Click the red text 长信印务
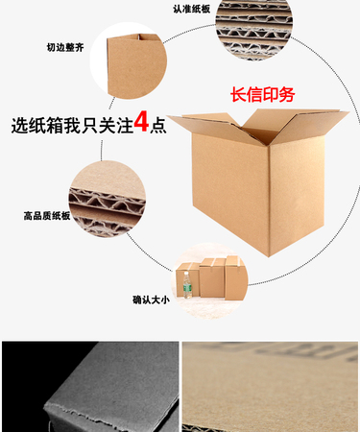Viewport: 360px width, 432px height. coord(262,95)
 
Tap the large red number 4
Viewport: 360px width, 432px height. coord(141,122)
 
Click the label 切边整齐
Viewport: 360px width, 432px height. coord(65,48)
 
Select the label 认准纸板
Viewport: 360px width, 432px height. coord(192,9)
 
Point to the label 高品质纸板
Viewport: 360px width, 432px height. coord(47,216)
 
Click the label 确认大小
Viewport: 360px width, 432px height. coord(151,300)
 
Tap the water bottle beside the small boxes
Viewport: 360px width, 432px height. coord(187,285)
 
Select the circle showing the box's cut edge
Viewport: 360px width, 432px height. coord(129,60)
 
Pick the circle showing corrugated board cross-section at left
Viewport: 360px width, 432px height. coord(108,199)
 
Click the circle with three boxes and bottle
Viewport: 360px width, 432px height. coord(209,280)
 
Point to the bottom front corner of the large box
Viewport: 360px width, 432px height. coord(269,256)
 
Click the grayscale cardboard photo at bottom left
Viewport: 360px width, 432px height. coord(90,387)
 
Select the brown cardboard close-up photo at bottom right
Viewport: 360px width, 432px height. coord(271,387)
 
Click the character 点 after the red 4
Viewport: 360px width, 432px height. coord(158,125)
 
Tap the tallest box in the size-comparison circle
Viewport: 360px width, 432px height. coord(236,277)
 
